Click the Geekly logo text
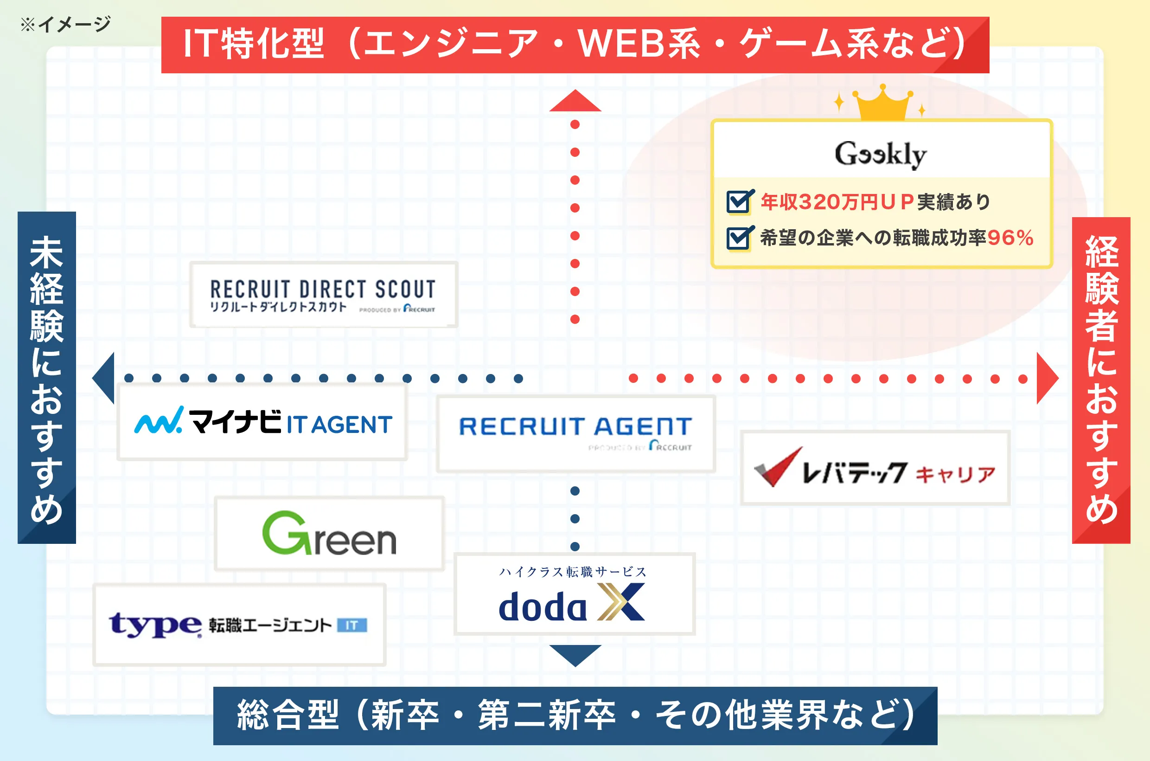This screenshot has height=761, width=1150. click(x=880, y=155)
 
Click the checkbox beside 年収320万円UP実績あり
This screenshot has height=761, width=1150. click(x=739, y=201)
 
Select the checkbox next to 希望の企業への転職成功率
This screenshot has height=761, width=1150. click(x=739, y=238)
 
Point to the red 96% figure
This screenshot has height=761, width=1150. click(x=1010, y=238)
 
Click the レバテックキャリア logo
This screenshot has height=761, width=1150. click(x=875, y=468)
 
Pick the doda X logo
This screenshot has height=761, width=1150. click(x=574, y=594)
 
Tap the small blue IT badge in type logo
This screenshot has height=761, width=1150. click(x=351, y=625)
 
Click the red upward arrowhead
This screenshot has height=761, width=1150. click(x=575, y=102)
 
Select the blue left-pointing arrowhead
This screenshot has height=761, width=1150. click(x=105, y=378)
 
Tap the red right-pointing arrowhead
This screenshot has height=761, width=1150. click(x=1046, y=378)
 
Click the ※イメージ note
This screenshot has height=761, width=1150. click(x=65, y=23)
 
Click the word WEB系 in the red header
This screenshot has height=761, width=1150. click(x=640, y=44)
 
